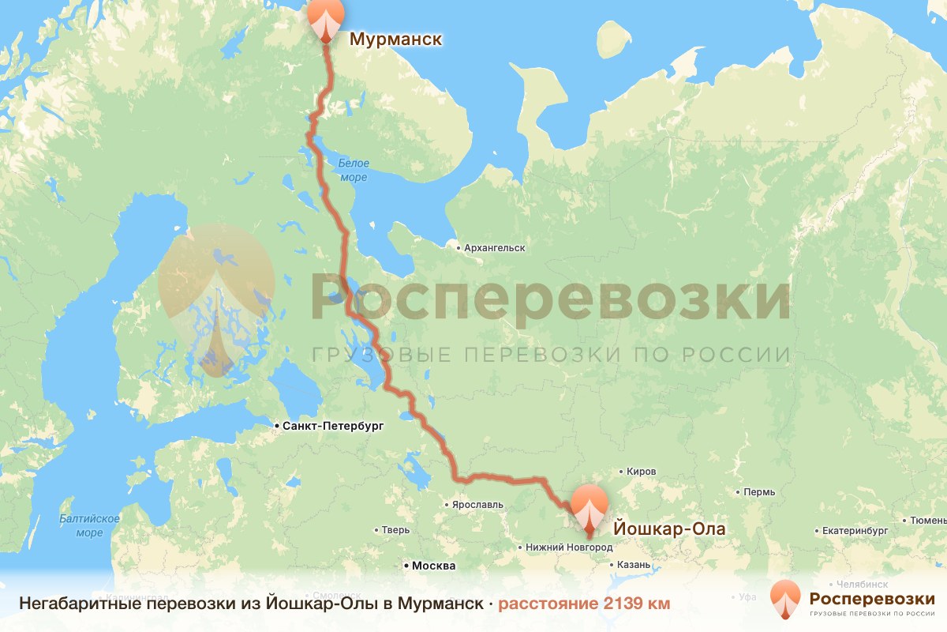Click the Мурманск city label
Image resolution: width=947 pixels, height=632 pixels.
pyautogui.click(x=395, y=39)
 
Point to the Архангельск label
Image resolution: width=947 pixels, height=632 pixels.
pyautogui.click(x=495, y=248)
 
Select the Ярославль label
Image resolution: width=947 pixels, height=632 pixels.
pyautogui.click(x=477, y=503)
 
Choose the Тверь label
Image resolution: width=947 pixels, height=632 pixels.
pyautogui.click(x=395, y=530)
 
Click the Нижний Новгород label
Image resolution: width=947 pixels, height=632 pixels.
pyautogui.click(x=568, y=547)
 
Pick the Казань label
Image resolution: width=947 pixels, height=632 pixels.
pyautogui.click(x=634, y=565)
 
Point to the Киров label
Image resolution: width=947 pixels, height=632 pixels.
pyautogui.click(x=641, y=472)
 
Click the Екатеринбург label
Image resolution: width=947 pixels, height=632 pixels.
pyautogui.click(x=855, y=530)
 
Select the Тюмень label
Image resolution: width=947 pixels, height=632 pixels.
pyautogui.click(x=928, y=521)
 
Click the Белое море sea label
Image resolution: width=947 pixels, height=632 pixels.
pyautogui.click(x=353, y=171)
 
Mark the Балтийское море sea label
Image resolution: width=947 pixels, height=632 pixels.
pyautogui.click(x=89, y=525)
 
